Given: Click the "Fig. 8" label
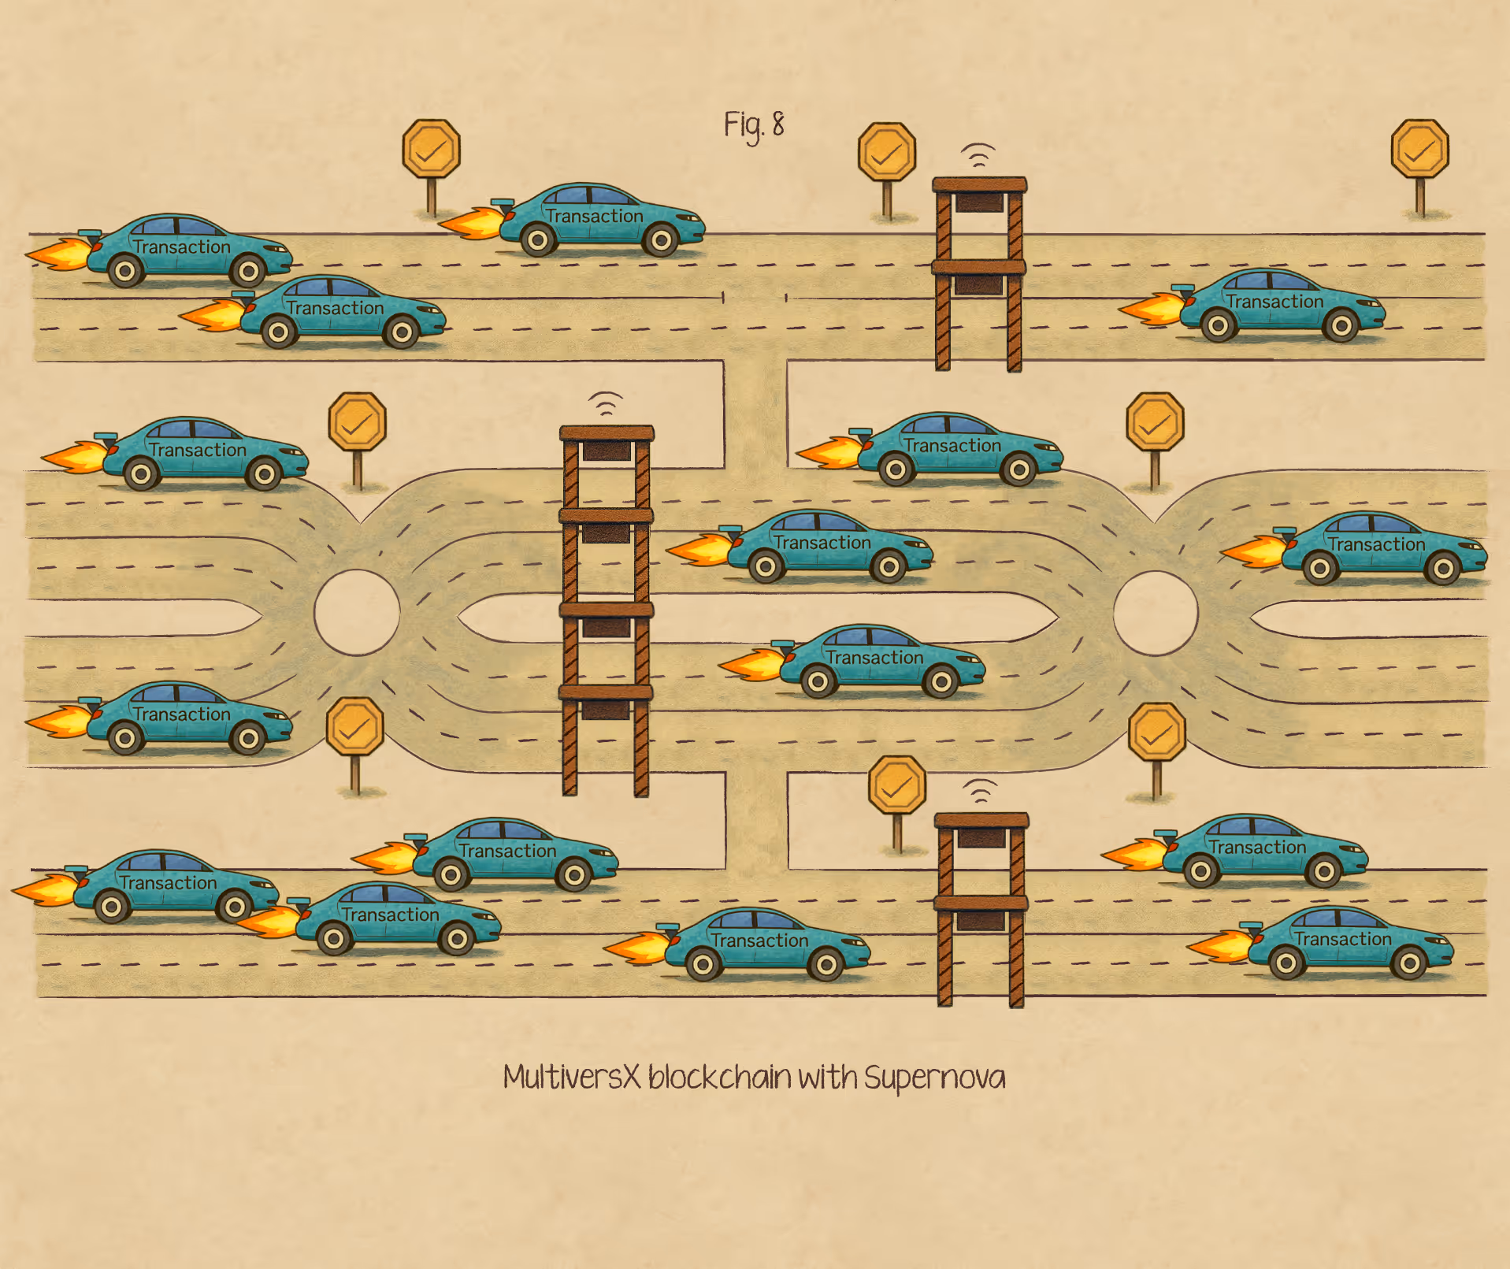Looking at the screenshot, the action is tap(754, 125).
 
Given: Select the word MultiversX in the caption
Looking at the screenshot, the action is tap(572, 1077).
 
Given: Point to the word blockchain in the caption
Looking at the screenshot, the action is tap(719, 1077).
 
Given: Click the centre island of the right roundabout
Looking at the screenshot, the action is tap(1156, 613).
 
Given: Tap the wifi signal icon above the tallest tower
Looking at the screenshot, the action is tap(606, 403).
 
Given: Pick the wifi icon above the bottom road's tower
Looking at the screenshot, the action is tap(980, 791).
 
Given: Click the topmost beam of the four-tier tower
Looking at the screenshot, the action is tap(607, 432).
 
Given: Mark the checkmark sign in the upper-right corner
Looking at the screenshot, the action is tap(1419, 150).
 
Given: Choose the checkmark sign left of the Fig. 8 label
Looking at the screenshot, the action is tap(431, 150).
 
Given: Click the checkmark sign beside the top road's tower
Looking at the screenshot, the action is tap(887, 152).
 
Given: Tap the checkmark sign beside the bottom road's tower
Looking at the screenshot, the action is tap(896, 785).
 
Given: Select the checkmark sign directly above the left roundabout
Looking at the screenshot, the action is tap(357, 423).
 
